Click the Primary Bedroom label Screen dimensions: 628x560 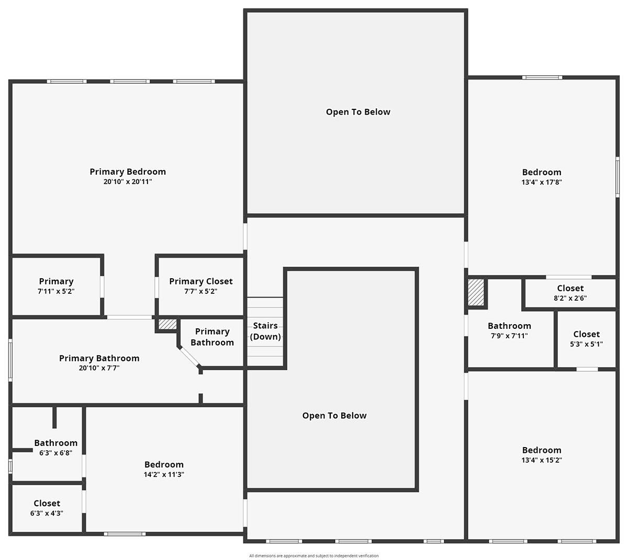click(128, 172)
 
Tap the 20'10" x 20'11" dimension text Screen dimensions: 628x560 click(128, 181)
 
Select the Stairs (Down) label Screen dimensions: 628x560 click(265, 331)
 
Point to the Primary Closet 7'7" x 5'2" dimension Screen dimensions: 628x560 click(201, 291)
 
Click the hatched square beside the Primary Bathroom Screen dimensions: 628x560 click(167, 324)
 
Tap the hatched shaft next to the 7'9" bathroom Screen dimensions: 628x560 click(476, 292)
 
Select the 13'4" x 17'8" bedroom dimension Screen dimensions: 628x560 click(542, 182)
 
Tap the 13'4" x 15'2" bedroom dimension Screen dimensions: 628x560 click(542, 460)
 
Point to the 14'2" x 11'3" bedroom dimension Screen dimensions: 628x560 click(164, 474)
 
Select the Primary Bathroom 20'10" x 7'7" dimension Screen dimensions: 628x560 click(99, 368)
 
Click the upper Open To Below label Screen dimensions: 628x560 click(358, 112)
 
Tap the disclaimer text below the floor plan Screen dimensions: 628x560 click(313, 556)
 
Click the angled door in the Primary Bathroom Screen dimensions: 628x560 click(189, 358)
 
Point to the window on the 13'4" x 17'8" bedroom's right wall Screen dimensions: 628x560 click(617, 177)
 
